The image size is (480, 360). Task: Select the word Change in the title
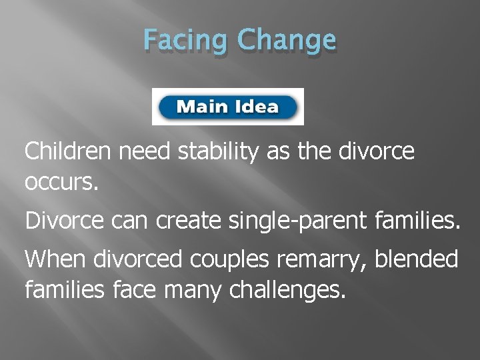point(287,41)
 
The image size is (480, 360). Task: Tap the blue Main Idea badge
point(228,107)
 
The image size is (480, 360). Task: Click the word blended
point(417,259)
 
